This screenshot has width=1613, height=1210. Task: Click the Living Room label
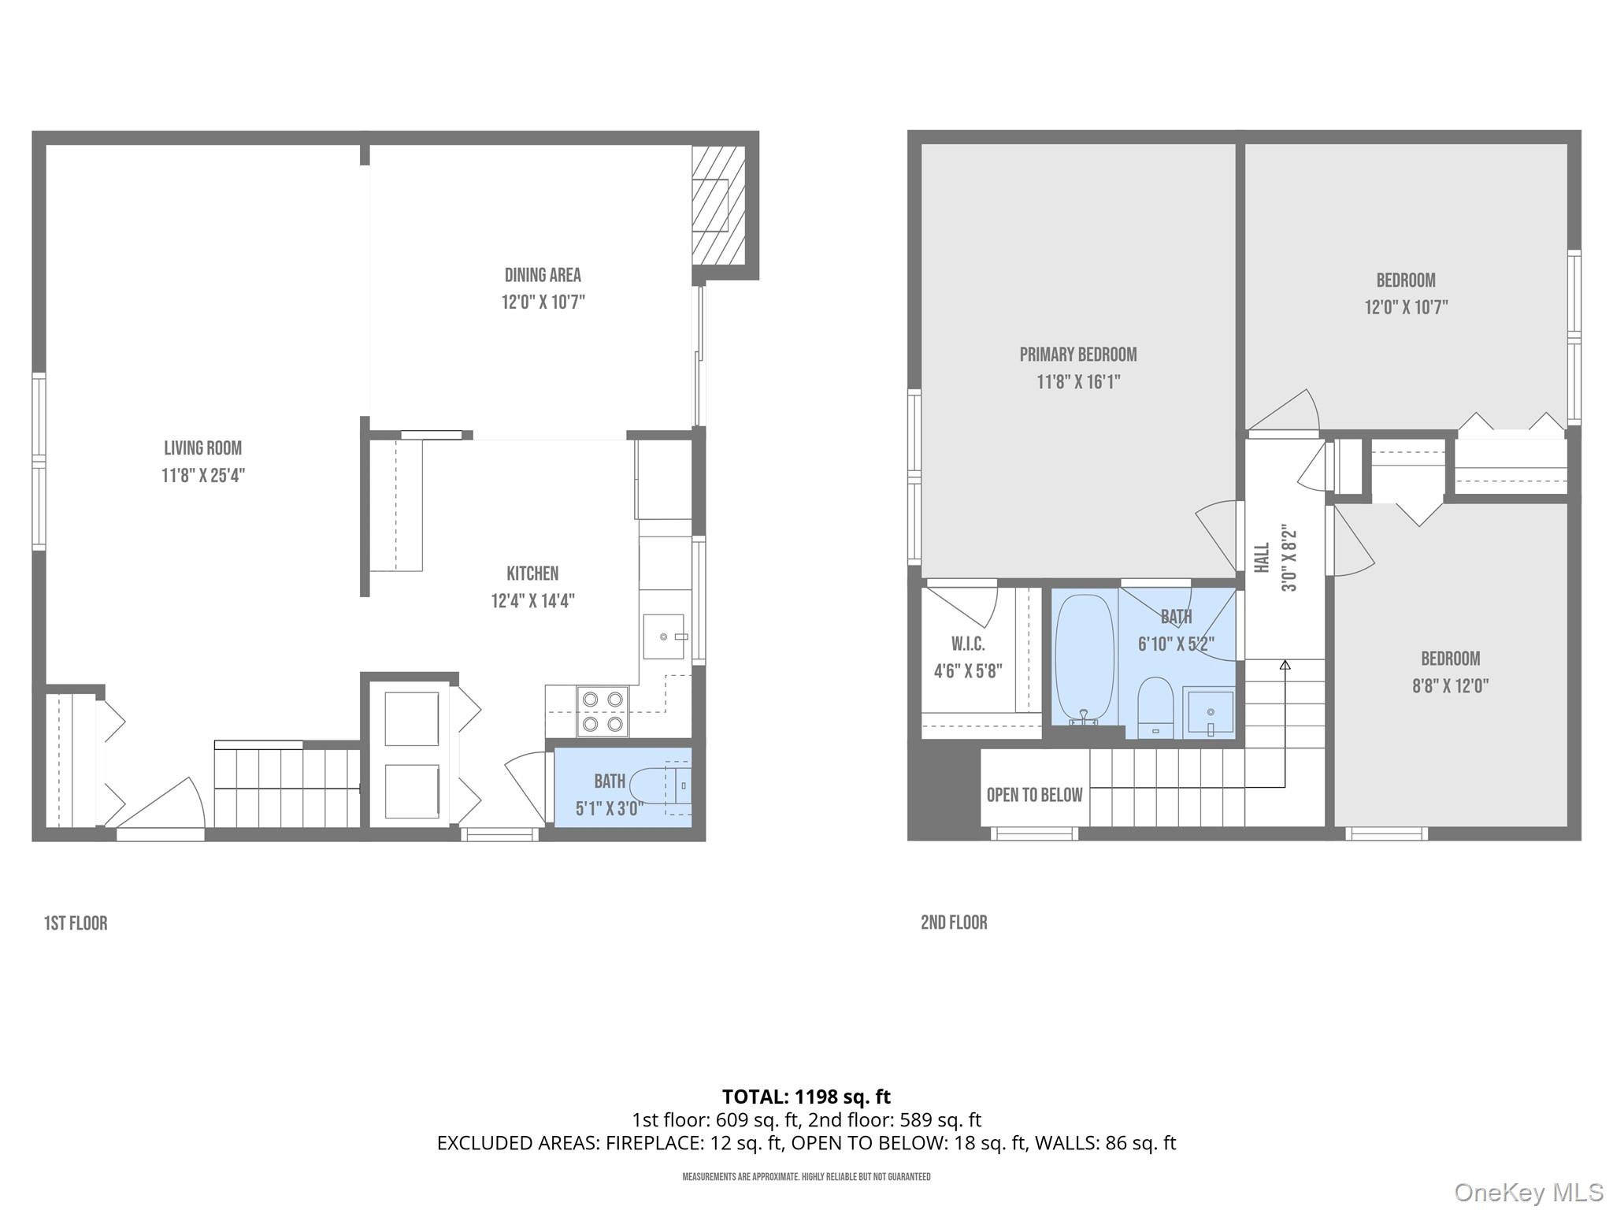coord(202,448)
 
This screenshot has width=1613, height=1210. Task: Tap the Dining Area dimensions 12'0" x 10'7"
coord(543,302)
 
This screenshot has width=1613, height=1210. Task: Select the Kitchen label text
coord(532,573)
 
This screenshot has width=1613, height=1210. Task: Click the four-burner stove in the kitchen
coord(603,711)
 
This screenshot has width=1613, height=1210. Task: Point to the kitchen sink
coord(664,637)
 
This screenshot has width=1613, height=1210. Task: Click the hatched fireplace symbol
coord(718,206)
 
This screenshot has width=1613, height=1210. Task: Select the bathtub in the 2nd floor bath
coord(1085,658)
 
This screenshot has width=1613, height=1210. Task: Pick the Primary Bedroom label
coord(1078,354)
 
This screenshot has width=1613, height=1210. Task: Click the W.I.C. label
coord(968,644)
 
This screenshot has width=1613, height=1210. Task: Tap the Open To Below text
coord(1034,795)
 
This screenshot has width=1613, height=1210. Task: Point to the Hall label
coord(1262,557)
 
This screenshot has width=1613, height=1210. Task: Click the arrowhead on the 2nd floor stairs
coord(1285,665)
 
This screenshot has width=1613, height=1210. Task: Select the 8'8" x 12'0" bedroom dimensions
coord(1450,686)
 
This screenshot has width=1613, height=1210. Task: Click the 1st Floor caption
coord(76,923)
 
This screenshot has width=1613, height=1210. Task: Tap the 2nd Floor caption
coord(954,922)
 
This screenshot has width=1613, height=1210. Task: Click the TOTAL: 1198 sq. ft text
coord(806,1097)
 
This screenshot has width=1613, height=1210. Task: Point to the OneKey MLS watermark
coord(1528,1192)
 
